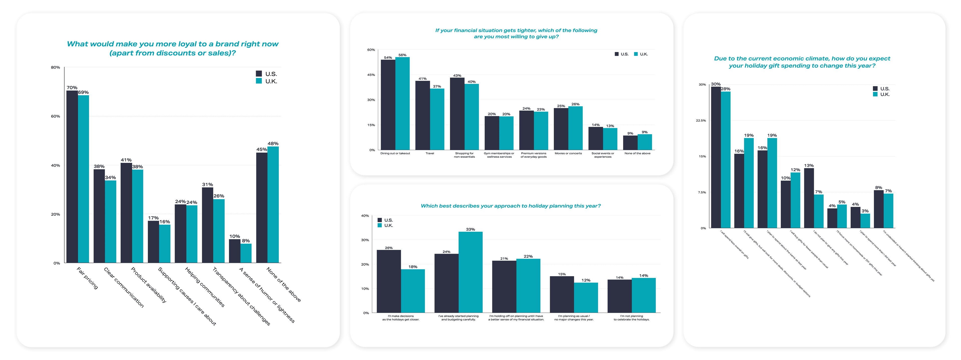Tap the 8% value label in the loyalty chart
(x=246, y=241)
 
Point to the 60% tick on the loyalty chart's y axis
(x=55, y=116)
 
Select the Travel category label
(x=430, y=153)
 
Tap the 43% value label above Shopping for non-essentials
(x=457, y=75)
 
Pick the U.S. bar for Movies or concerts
(x=561, y=129)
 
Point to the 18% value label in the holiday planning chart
(x=413, y=267)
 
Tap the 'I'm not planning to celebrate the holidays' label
(x=632, y=317)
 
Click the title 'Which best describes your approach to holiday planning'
(x=510, y=206)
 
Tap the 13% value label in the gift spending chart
(x=809, y=165)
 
